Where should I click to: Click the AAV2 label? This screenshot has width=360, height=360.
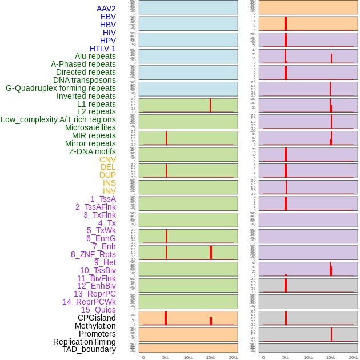pos(106,9)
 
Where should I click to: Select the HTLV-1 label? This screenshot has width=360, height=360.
pos(102,49)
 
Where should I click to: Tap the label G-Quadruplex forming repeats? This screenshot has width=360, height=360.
pos(61,88)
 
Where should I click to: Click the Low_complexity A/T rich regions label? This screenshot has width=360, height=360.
pos(58,119)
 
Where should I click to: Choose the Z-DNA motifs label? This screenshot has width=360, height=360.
pos(93,151)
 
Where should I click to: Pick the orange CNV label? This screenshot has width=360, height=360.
pos(107,159)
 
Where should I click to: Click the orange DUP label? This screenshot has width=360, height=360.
pos(107,175)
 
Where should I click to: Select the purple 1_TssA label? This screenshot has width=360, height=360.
pos(103,199)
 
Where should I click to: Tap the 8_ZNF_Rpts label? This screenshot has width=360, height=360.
pos(93,254)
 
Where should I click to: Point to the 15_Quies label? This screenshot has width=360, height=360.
pos(98,310)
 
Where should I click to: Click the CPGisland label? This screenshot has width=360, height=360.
pos(97,318)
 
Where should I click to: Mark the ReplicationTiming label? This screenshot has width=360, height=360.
pos(84,342)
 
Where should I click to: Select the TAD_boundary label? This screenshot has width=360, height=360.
pos(89,349)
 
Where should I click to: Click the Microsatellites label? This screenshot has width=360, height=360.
pos(90,127)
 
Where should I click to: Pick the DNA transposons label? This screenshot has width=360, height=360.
pos(85,80)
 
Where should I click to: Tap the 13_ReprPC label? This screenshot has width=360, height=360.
pos(94,294)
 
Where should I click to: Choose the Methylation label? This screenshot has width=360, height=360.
pos(95,326)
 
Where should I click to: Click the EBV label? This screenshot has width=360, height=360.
pos(108,17)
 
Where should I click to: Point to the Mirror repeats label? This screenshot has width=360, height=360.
pos(90,143)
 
